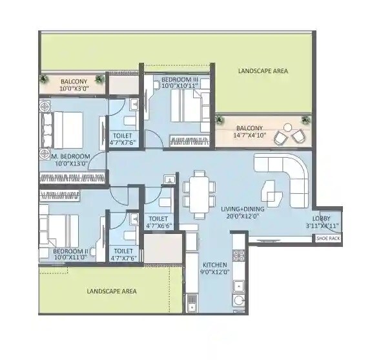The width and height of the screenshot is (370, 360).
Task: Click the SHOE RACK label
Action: (x=327, y=238)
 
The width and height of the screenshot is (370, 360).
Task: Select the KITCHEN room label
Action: (x=214, y=266)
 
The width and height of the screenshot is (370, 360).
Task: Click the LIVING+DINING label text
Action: (x=240, y=209)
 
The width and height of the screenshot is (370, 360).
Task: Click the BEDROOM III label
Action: (x=176, y=79)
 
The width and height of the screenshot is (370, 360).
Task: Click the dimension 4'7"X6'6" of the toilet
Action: (x=158, y=226)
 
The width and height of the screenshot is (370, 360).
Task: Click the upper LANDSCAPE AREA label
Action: (x=262, y=70)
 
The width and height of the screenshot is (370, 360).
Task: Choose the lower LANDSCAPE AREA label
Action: (x=112, y=291)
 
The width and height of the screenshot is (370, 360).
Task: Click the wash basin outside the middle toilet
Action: (x=169, y=180)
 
